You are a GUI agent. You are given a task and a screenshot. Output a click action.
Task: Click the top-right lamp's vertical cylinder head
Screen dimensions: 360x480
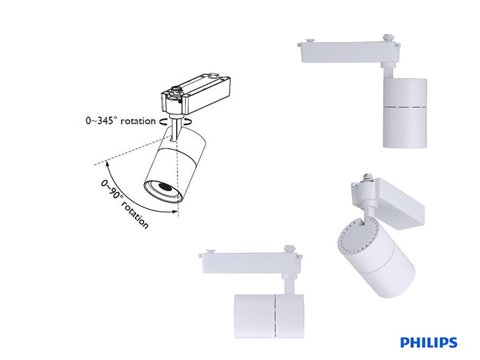405,112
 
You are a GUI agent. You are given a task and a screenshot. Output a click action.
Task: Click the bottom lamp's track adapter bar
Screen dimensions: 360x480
249,263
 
